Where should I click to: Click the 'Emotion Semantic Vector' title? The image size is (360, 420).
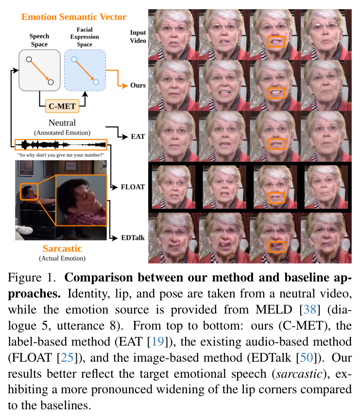74,17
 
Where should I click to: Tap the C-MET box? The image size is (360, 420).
62,106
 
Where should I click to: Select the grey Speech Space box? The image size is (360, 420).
40,70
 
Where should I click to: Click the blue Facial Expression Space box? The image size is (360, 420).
85,70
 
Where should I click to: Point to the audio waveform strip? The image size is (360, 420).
61,145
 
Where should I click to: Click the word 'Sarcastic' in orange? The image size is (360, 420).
62,248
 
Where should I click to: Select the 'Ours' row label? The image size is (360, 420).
138,85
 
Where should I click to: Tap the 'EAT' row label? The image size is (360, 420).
138,137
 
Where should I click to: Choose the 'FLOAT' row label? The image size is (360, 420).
133,187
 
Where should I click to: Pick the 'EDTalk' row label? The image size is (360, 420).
133,238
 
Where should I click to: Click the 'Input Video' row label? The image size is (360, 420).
138,36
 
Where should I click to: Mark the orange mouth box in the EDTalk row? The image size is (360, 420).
276,247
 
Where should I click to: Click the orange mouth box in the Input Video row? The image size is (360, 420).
276,41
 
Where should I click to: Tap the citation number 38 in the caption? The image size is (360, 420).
309,310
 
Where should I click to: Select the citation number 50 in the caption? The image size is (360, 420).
306,358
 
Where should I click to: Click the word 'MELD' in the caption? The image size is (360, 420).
274,310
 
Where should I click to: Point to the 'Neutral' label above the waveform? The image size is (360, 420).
62,122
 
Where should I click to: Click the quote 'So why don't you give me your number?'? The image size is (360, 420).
61,155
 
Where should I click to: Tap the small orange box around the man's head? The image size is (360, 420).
29,192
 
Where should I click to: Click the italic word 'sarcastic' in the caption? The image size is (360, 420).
299,374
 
